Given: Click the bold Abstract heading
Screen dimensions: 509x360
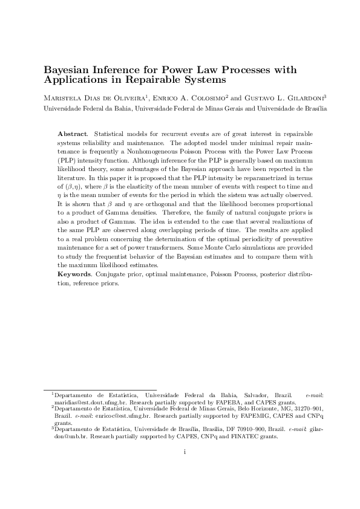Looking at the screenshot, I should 72,132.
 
